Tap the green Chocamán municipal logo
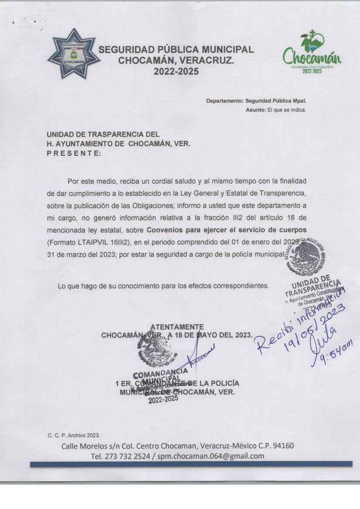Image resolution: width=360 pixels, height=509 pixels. pos(312,53)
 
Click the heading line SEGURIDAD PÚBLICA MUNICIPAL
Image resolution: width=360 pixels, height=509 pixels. pos(176,50)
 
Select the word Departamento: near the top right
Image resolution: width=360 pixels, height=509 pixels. pos(224,101)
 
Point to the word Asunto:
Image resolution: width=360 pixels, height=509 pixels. pos(255,110)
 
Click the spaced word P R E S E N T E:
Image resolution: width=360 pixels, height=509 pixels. pos(74,153)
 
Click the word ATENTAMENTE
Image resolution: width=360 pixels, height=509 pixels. pos(177,327)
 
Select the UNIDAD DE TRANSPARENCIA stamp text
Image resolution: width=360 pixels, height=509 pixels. pos(313,283)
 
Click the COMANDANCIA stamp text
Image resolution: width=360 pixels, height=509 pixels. pos(160,373)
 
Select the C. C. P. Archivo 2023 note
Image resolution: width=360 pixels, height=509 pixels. pos(74,435)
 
